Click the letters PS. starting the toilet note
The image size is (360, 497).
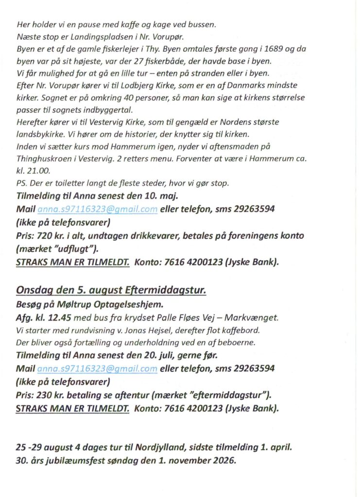tap(22, 182)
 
